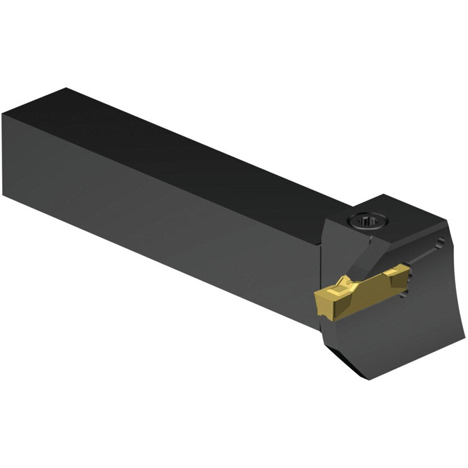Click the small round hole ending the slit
[441, 242]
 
